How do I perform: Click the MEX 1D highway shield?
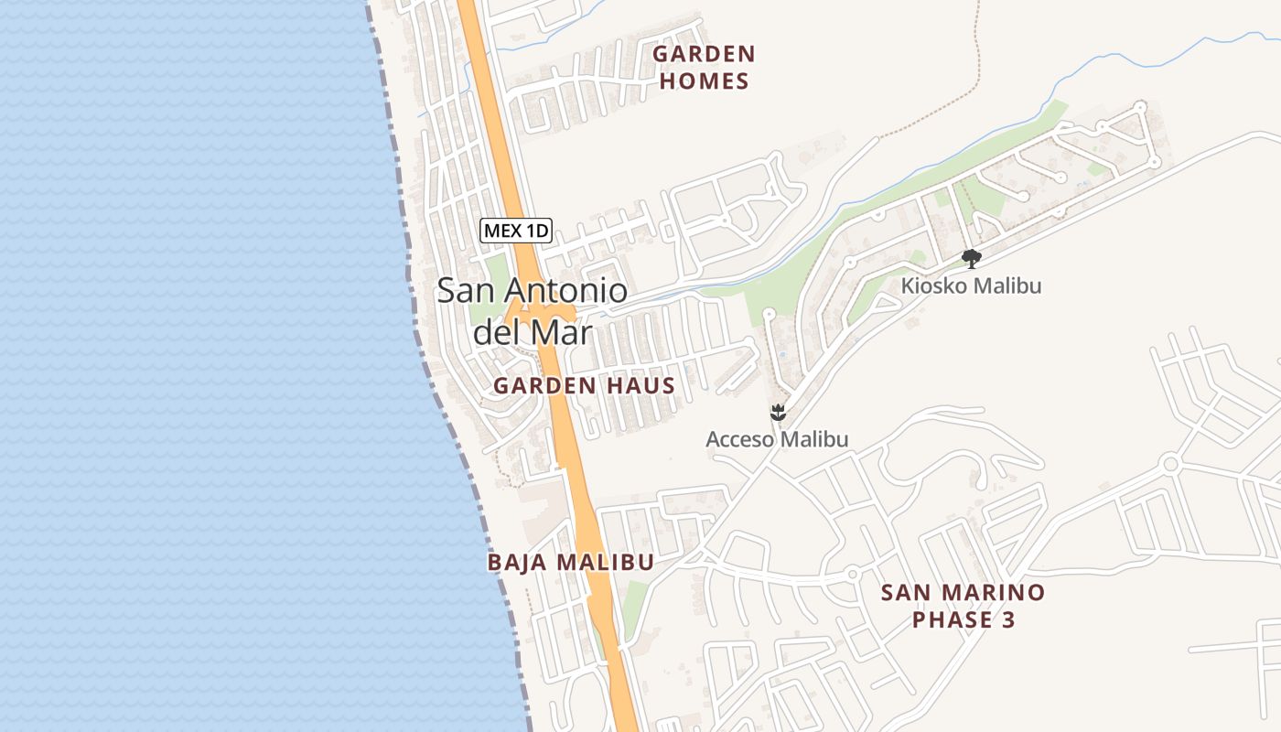point(516,231)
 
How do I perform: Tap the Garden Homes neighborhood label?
point(704,68)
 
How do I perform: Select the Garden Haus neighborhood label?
point(584,386)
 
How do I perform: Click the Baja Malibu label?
point(570,562)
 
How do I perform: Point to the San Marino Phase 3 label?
point(963,606)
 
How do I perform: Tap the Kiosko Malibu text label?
point(971,285)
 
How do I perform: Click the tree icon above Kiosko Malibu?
point(972,259)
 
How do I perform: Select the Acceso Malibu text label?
point(777,439)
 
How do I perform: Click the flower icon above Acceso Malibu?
point(778,413)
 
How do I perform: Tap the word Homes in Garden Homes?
point(704,81)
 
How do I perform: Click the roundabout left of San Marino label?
point(852,574)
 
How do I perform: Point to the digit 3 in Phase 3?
point(1007,620)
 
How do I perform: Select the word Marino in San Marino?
point(995,592)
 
